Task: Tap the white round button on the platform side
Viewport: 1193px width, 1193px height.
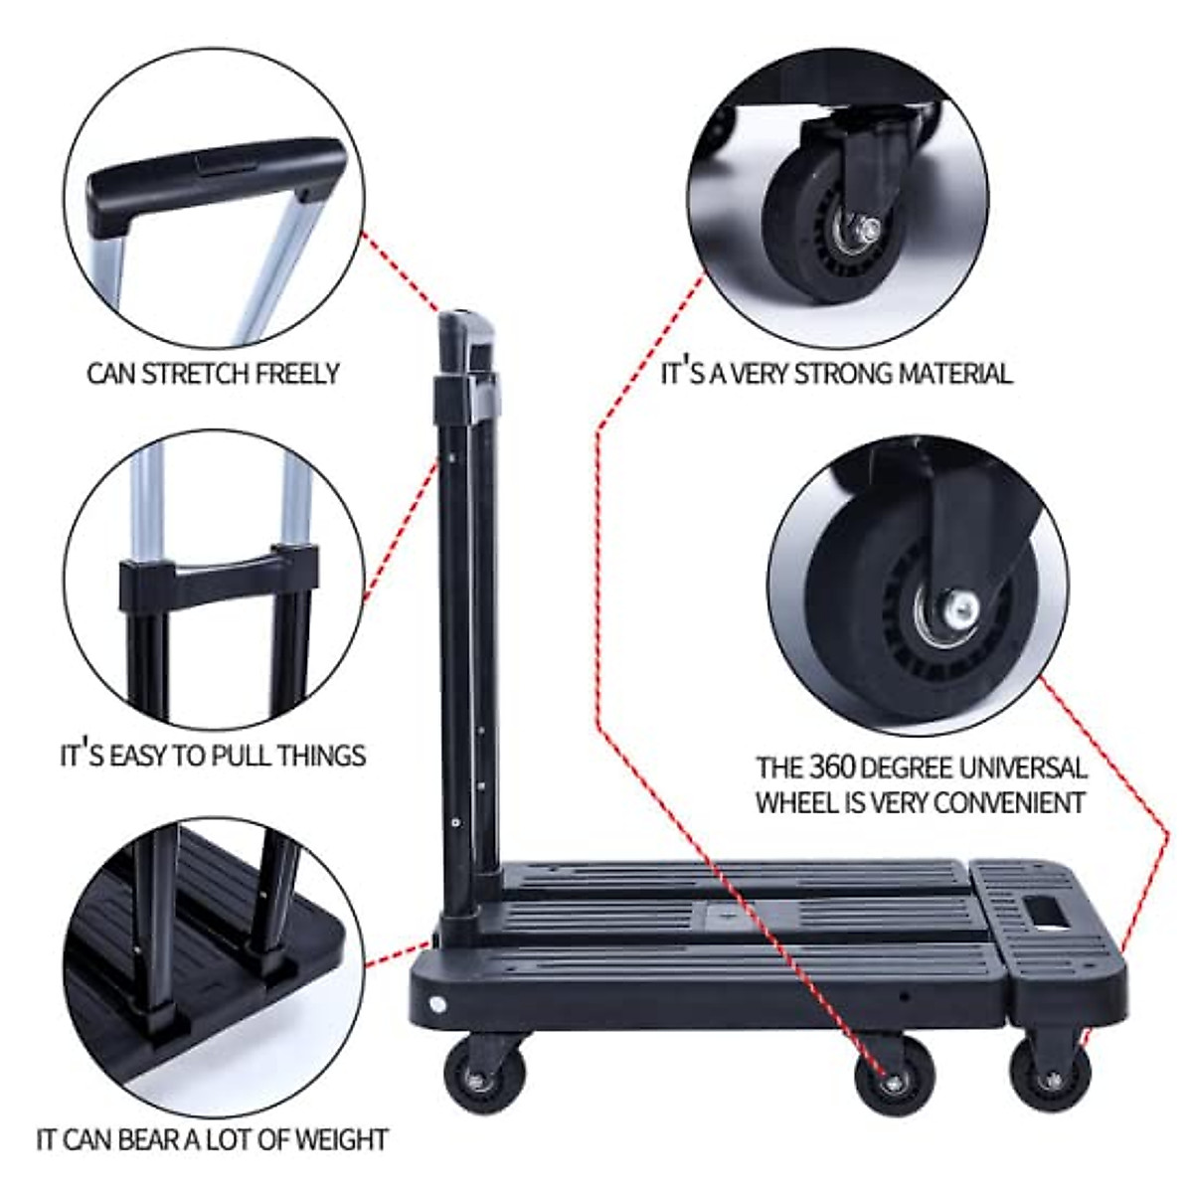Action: point(438,1004)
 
